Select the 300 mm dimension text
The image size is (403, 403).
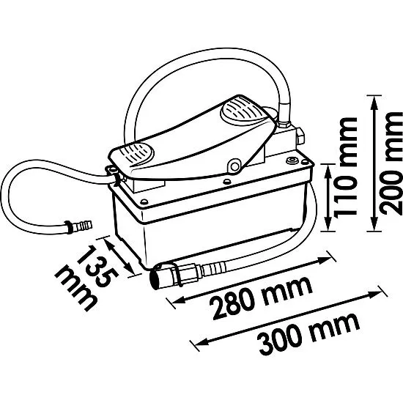click(309, 333)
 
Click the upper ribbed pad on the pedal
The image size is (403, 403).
click(241, 112)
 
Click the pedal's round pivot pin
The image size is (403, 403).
click(234, 166)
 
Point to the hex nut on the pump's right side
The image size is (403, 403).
click(300, 136)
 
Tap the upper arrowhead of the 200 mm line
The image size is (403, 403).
click(374, 103)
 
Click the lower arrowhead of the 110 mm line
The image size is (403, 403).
click(328, 224)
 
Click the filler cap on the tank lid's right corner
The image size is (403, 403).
click(292, 161)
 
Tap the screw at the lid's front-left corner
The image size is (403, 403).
click(144, 202)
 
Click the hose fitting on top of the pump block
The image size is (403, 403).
click(284, 124)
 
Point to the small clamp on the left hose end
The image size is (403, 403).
click(68, 227)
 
